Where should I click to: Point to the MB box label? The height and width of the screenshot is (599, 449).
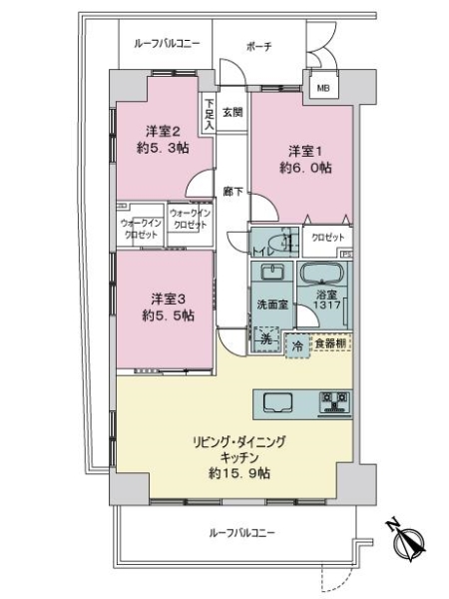tap(322, 89)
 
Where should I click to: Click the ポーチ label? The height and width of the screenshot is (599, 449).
tap(258, 46)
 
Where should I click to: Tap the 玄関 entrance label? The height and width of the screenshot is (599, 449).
tap(232, 112)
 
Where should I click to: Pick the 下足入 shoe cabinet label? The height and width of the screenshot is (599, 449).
tap(210, 112)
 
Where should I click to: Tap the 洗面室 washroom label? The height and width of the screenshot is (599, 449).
tap(270, 304)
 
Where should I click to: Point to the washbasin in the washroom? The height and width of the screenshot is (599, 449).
tap(271, 274)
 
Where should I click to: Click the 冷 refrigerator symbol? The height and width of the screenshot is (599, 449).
tap(297, 344)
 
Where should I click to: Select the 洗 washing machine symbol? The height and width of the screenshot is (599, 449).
tap(264, 339)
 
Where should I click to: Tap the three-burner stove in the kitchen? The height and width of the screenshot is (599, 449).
tap(334, 401)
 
